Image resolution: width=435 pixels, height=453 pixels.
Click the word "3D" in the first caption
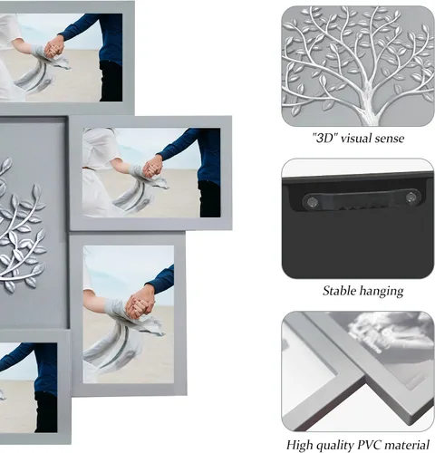[325, 138]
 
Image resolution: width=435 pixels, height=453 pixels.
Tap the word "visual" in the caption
[356, 138]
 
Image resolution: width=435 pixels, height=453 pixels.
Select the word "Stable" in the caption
[339, 291]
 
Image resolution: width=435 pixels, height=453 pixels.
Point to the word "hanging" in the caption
[382, 291]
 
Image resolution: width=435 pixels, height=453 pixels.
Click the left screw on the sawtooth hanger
[313, 200]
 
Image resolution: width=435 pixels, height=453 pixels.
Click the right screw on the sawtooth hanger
[411, 198]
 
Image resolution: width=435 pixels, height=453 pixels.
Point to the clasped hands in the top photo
[54, 47]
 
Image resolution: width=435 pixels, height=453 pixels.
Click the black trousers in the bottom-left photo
[46, 411]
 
